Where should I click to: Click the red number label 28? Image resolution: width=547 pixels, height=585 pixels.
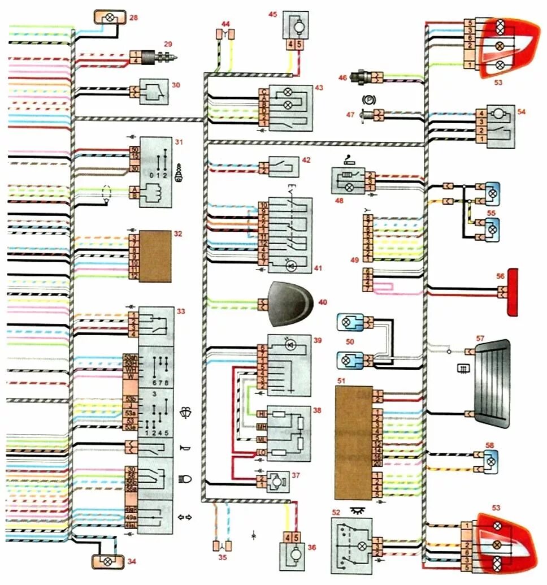pos(133,18)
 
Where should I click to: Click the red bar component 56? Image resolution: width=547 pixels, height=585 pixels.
pos(513,292)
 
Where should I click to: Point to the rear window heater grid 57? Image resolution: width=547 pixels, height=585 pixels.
pos(491,384)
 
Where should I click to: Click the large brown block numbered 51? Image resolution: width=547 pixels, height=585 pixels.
pos(354,443)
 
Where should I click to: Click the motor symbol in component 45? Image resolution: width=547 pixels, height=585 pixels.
pos(296,25)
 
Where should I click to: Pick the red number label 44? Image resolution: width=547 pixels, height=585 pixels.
pos(226,24)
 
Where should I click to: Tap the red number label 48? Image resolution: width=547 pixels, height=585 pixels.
pos(340,200)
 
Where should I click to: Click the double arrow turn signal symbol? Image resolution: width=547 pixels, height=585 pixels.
pos(185,518)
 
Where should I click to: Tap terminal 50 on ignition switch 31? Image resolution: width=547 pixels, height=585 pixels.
pos(134,150)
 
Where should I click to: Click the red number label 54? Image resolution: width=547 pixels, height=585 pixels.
pos(521,112)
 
